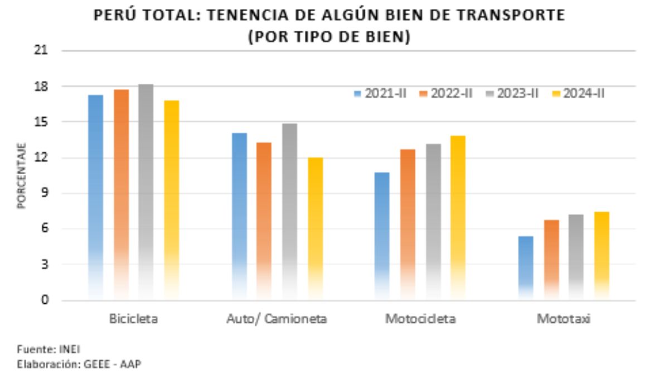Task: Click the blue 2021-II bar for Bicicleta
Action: tap(95, 195)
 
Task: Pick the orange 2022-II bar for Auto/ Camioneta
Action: tap(264, 221)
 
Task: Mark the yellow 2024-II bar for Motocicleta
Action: tap(458, 217)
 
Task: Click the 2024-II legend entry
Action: tap(578, 93)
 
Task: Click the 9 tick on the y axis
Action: tap(45, 193)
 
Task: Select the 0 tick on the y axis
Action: tap(45, 300)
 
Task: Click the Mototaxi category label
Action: tap(564, 319)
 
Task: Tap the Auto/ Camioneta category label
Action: tap(277, 319)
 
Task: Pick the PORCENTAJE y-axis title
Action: tap(21, 176)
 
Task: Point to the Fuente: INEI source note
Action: tap(49, 350)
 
